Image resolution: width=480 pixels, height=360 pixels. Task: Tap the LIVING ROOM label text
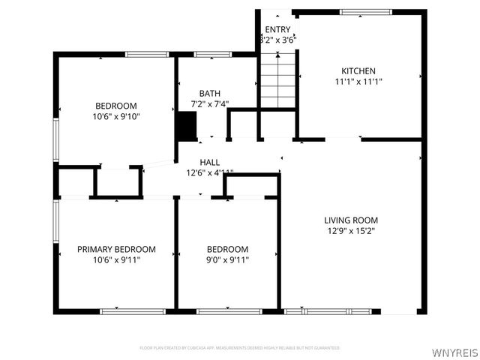[x=350, y=220]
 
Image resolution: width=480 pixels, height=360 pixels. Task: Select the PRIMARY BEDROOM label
[x=116, y=249]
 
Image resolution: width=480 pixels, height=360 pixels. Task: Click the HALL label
[x=209, y=162]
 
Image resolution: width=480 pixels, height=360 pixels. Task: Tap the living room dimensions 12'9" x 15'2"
[x=350, y=232]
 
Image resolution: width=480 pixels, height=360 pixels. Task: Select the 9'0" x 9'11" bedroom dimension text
[x=227, y=260]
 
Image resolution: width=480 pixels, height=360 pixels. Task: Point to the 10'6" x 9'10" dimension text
[x=116, y=116]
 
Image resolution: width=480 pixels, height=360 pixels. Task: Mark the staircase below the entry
[x=275, y=80]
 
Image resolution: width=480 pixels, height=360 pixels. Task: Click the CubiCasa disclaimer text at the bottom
[x=239, y=348]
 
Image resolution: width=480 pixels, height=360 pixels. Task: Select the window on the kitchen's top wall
[x=365, y=12]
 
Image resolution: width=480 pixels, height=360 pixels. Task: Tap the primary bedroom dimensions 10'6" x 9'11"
[x=116, y=260]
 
